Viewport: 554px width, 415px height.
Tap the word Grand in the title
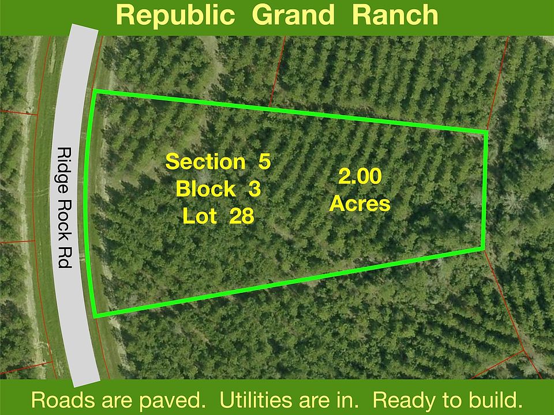click(x=293, y=15)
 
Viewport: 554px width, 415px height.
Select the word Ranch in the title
click(x=395, y=15)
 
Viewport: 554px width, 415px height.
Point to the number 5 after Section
click(x=264, y=161)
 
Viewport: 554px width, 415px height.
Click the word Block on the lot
click(x=205, y=189)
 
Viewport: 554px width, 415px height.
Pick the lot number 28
click(x=242, y=216)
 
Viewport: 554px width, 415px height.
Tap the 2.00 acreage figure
click(x=360, y=176)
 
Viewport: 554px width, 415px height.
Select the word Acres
click(x=360, y=203)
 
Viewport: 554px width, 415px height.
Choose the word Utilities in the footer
click(x=254, y=399)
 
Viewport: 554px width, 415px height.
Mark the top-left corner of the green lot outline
click(x=94, y=91)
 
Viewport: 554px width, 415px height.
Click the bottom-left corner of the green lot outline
click(x=95, y=315)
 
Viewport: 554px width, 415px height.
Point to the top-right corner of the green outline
click(x=486, y=133)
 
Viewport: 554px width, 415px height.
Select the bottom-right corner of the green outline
click(x=483, y=249)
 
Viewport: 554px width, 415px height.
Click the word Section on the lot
click(x=205, y=161)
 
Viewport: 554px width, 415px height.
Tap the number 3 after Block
click(x=254, y=189)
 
